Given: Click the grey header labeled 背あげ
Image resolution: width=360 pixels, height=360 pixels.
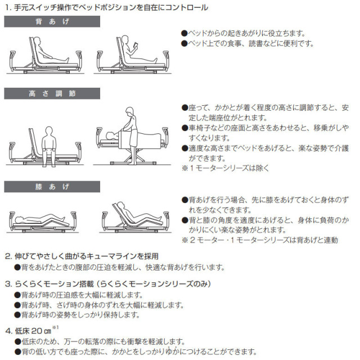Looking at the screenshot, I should [x=52, y=22].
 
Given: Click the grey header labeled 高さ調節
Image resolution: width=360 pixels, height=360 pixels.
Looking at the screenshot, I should [x=52, y=93].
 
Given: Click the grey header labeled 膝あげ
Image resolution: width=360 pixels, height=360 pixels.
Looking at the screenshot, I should [x=52, y=186].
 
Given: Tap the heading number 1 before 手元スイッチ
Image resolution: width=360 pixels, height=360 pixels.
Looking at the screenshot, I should [x=7, y=8].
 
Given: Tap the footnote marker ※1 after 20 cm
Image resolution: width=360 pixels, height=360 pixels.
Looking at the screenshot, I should [x=55, y=327].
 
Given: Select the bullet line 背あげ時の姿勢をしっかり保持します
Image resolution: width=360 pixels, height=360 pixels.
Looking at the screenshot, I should [x=79, y=314].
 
